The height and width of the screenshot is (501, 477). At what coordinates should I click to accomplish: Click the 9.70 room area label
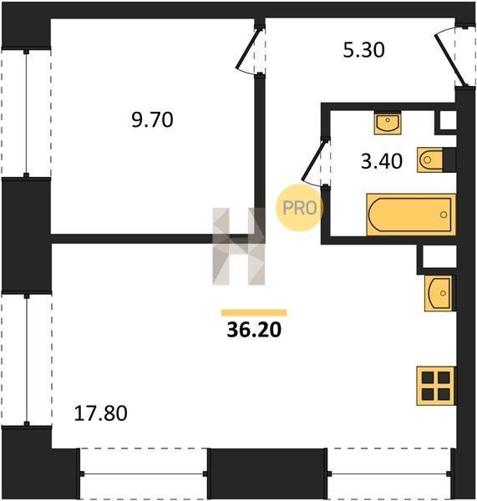coord(152,119)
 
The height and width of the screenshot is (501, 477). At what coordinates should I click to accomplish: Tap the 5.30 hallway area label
coord(363,50)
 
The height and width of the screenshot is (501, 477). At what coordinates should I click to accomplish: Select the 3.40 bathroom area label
coord(382,161)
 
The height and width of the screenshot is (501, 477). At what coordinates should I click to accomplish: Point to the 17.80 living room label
coord(100,413)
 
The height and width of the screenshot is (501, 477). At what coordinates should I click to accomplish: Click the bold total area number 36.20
coord(254,330)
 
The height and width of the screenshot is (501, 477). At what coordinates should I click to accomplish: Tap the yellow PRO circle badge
coord(300,208)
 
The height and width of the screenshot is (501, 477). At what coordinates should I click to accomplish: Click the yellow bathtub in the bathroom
coord(411,215)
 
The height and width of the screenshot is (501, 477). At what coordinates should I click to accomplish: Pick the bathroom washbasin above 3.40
coord(388,123)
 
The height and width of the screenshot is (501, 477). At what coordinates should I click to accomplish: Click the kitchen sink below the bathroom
coord(439,293)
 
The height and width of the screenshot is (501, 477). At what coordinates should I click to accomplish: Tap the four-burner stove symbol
coord(436,386)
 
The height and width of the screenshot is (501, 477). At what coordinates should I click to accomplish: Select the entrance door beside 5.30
coord(449,59)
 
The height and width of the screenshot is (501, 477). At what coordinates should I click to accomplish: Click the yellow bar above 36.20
coord(254,312)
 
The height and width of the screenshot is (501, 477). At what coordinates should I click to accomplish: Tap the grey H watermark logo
coord(239,246)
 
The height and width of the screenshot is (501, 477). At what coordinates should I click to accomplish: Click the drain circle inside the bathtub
coord(444,215)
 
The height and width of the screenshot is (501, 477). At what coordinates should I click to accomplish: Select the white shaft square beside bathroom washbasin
coord(448,120)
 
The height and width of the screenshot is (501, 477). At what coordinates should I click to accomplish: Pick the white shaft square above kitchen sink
coord(439,256)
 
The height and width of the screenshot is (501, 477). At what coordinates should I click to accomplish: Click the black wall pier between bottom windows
coord(267,473)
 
